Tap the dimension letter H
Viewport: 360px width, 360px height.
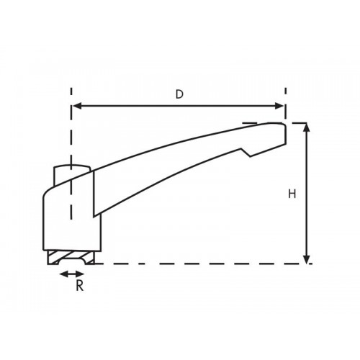point(292,194)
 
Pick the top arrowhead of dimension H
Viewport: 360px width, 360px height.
point(307,127)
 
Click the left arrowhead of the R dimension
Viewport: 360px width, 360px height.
point(62,274)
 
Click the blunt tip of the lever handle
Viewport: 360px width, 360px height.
point(284,133)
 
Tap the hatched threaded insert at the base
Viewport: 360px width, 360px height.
point(71,257)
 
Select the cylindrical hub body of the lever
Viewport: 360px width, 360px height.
point(68,216)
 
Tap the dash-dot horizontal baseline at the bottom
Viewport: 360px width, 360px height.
point(202,264)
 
